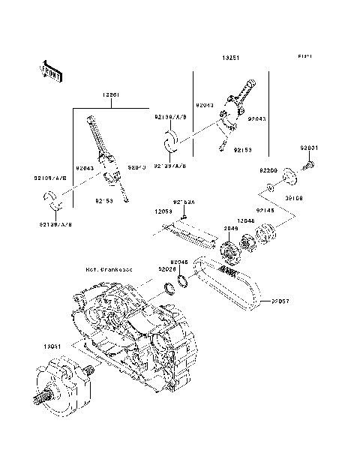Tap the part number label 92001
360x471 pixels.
tap(310, 148)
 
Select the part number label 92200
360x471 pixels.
tap(269, 172)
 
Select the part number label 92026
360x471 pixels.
tap(166, 268)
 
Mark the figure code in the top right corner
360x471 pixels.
tap(303, 56)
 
